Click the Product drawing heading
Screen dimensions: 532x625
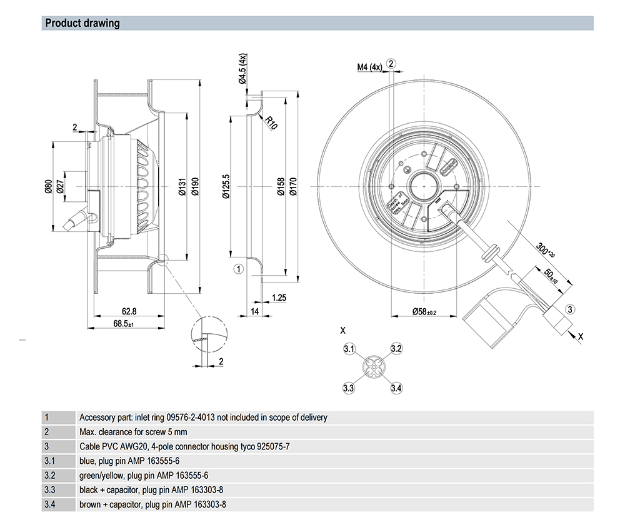click(82, 24)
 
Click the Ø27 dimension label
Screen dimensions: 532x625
click(61, 188)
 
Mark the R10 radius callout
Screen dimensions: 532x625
click(271, 122)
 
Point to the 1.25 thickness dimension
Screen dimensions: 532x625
click(279, 298)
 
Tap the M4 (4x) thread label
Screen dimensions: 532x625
click(369, 66)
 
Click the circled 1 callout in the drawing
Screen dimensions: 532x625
click(238, 269)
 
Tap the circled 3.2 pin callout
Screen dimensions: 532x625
click(396, 348)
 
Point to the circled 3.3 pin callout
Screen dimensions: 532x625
click(349, 388)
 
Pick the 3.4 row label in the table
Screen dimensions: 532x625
click(51, 504)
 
